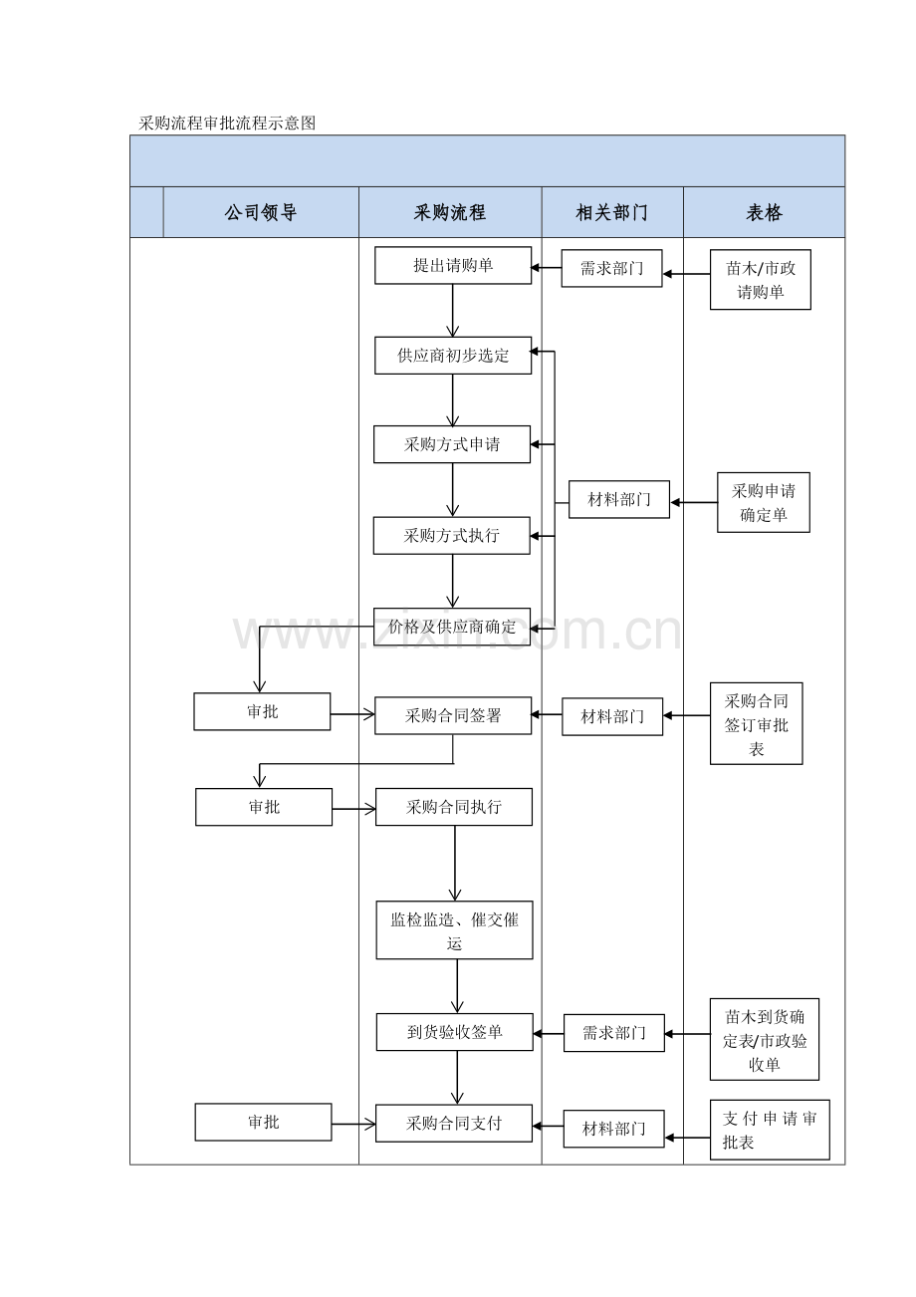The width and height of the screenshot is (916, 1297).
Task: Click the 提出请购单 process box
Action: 453,266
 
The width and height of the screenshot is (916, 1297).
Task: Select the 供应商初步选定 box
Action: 453,356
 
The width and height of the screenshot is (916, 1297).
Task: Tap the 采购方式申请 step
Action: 452,444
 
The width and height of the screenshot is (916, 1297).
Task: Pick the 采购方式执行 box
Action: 452,536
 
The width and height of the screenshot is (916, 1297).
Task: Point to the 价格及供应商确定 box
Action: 452,627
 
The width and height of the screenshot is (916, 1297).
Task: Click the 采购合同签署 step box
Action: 453,715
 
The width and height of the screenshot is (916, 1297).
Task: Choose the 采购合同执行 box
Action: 454,807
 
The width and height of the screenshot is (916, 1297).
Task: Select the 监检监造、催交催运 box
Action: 454,930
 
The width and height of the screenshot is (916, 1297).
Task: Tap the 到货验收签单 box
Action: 455,1032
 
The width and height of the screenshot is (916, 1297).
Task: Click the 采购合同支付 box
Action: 454,1124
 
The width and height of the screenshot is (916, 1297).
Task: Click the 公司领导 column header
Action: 261,212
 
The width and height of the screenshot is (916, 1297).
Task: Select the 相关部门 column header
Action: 612,212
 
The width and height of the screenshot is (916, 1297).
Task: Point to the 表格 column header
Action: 764,212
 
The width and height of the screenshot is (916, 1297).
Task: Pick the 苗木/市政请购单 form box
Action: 761,280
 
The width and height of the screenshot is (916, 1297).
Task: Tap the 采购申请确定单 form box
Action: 764,503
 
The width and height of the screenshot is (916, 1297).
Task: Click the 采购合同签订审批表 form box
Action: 757,724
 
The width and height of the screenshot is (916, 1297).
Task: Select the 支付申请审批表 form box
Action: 770,1130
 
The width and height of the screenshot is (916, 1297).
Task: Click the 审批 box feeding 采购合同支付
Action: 263,1122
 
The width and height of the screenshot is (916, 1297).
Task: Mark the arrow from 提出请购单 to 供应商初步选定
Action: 453,311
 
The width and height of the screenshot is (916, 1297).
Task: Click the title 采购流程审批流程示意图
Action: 227,124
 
